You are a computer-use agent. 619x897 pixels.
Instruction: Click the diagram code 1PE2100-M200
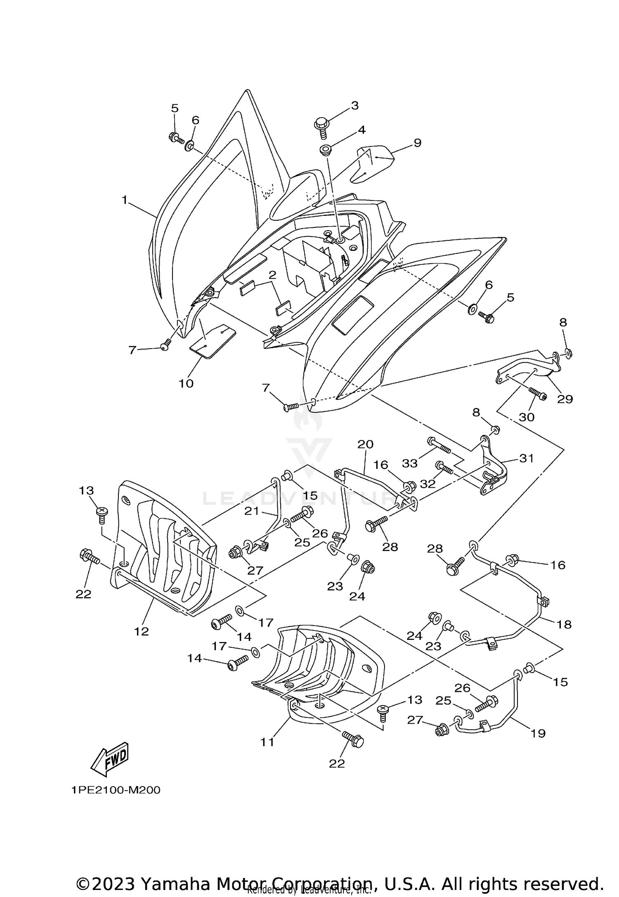coord(116,791)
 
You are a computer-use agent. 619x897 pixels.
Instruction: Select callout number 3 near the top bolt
coord(354,106)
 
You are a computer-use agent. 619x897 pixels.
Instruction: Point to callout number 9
coord(417,143)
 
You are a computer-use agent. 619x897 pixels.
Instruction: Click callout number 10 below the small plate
coord(186,383)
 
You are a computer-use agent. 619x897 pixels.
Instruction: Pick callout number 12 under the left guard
coord(141,631)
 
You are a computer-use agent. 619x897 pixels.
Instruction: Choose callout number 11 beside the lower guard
coord(267,742)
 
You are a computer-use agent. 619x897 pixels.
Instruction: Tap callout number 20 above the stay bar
coord(365,444)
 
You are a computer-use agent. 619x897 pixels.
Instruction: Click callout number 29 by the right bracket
coord(565,399)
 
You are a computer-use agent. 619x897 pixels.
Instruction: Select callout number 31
coord(527,458)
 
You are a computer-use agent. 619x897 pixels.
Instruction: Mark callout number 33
coord(410,463)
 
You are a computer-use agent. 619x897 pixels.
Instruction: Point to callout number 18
coord(564,624)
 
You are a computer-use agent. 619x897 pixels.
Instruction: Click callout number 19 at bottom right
coord(538,733)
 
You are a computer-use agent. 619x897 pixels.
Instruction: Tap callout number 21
coord(251,511)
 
